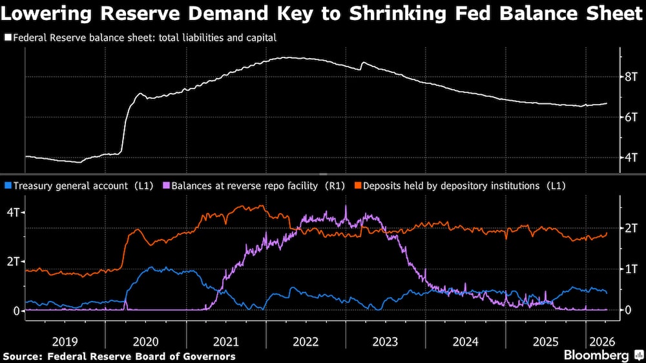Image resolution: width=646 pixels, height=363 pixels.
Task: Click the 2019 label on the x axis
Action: pos(65,341)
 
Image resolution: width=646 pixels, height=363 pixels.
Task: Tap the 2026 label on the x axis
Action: pos(601,341)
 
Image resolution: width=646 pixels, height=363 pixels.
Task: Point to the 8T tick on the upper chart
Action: pos(630,77)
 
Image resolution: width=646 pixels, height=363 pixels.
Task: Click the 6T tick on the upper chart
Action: pos(630,117)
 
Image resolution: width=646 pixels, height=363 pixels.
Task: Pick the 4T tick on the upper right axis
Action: pos(630,157)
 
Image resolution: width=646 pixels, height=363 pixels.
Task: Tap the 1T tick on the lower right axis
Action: pos(630,269)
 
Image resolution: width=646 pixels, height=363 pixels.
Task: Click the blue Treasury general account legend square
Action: pos(7,186)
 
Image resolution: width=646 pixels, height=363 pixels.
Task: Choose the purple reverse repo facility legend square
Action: pos(165,186)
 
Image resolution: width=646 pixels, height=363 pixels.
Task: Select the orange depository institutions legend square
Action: pos(359,186)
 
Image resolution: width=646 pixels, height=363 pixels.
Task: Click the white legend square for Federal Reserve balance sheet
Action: pos(7,38)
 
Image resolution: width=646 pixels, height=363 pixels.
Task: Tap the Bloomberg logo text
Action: pos(596,355)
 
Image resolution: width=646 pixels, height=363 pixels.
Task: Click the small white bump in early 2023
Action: pos(363,63)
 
